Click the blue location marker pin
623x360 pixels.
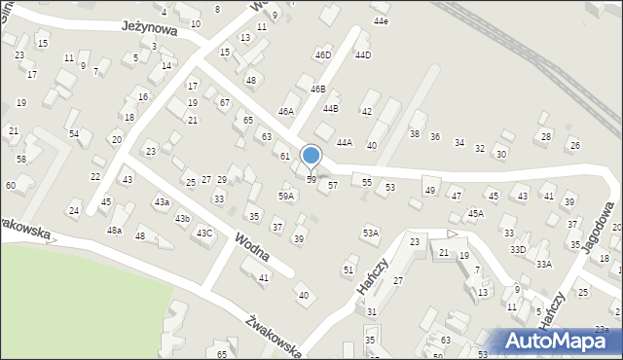click(311, 157)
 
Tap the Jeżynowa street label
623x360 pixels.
click(150, 30)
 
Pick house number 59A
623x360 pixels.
click(286, 196)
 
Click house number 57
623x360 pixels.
click(333, 185)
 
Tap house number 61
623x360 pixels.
click(285, 157)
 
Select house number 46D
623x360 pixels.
click(322, 55)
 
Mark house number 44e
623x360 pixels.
click(381, 21)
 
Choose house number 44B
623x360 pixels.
click(331, 108)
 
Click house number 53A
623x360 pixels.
click(371, 234)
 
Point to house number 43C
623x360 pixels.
click(204, 234)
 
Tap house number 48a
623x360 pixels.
click(115, 231)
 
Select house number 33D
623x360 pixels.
click(518, 250)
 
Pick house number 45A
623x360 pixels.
click(475, 213)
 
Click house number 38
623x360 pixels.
click(414, 133)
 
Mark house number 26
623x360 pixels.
click(574, 146)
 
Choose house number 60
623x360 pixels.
click(11, 185)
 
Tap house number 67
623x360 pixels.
click(224, 103)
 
